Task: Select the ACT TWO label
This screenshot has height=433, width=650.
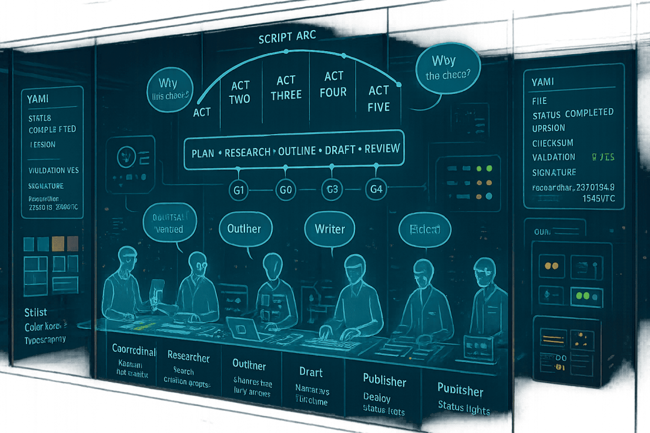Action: [240, 92]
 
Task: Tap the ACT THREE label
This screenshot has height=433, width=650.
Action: [286, 88]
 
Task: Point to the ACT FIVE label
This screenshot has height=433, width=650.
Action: [379, 99]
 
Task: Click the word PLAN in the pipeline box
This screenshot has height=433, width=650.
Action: [203, 152]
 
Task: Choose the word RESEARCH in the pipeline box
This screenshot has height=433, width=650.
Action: [247, 152]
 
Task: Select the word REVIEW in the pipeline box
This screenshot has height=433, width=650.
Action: [382, 149]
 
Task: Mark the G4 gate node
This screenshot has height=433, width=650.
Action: [375, 189]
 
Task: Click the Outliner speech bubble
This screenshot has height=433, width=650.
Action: [244, 229]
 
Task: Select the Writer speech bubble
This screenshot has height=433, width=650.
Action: [330, 229]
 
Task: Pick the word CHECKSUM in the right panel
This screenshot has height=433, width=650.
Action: [552, 143]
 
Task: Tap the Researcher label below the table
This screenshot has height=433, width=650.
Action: [188, 357]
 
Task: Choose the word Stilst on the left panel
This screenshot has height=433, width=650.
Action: [36, 312]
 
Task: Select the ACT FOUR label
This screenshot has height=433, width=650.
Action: [334, 84]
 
